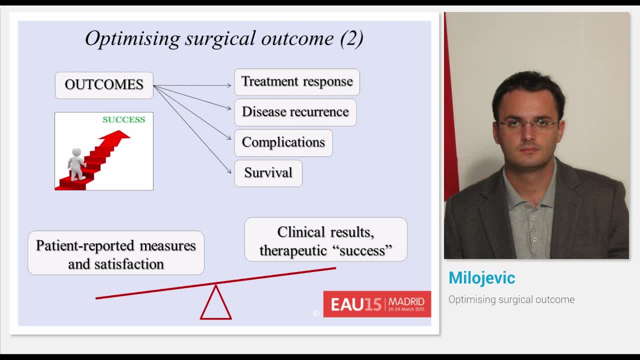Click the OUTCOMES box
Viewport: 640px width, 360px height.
pyautogui.click(x=104, y=85)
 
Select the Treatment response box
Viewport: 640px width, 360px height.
pyautogui.click(x=297, y=82)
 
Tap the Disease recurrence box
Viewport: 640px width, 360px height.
pyautogui.click(x=295, y=112)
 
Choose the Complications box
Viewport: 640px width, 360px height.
pyautogui.click(x=283, y=142)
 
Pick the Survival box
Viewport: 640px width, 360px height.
pyautogui.click(x=268, y=173)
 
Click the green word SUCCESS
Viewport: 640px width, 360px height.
pyautogui.click(x=123, y=119)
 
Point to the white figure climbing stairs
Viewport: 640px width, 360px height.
pyautogui.click(x=76, y=163)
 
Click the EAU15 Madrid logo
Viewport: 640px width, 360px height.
pyautogui.click(x=377, y=304)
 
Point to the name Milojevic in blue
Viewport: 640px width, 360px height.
pyautogui.click(x=481, y=278)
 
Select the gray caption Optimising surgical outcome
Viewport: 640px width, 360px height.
pyautogui.click(x=511, y=299)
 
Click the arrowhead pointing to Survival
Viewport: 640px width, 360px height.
pyautogui.click(x=230, y=171)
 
